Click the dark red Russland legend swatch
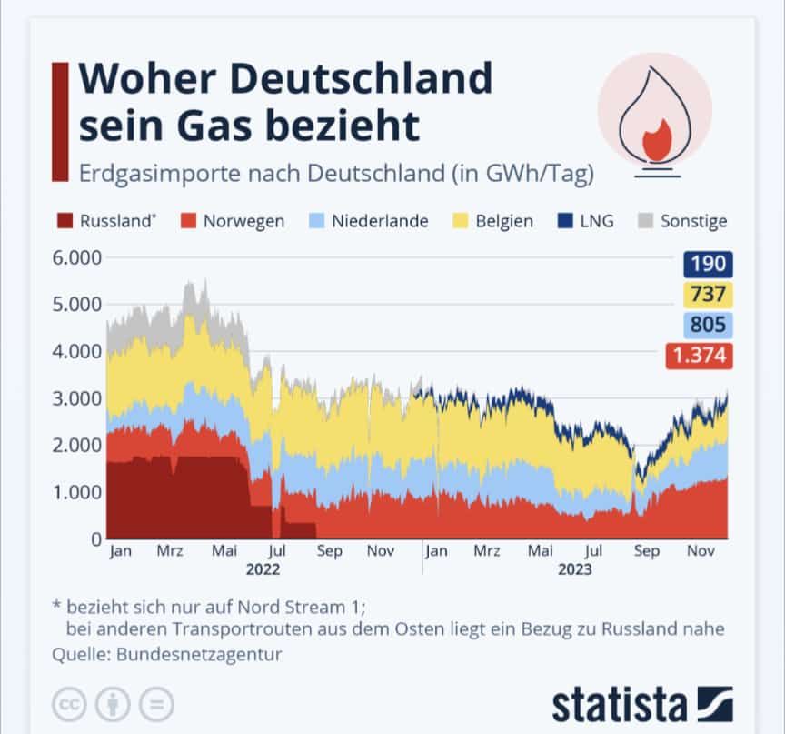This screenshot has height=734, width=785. [65, 221]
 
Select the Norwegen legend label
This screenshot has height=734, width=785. [243, 221]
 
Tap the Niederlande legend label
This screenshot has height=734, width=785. [380, 221]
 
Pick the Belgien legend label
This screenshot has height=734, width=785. [504, 221]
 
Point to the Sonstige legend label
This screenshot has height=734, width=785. [694, 221]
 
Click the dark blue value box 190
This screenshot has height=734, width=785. [708, 265]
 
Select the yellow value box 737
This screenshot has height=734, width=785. [708, 295]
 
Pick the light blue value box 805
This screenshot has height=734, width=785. [708, 325]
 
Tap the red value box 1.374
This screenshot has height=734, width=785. [701, 356]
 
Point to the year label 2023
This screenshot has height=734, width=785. [574, 570]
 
